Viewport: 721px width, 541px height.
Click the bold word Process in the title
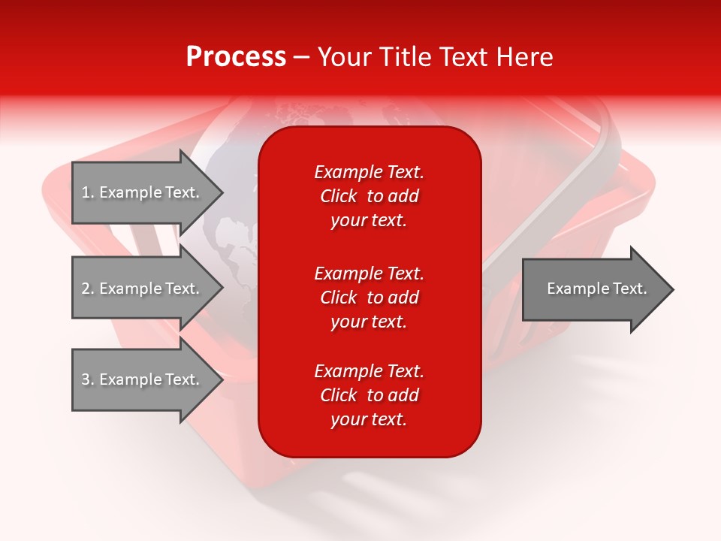236,57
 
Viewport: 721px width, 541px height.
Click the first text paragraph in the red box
369,196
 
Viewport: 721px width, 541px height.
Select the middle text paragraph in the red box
369,298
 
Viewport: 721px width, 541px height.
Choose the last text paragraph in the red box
369,395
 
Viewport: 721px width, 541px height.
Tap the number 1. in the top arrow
88,193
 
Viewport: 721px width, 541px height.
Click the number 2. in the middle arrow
88,289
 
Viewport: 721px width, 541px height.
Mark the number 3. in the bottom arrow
88,379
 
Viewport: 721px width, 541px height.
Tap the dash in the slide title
302,58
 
